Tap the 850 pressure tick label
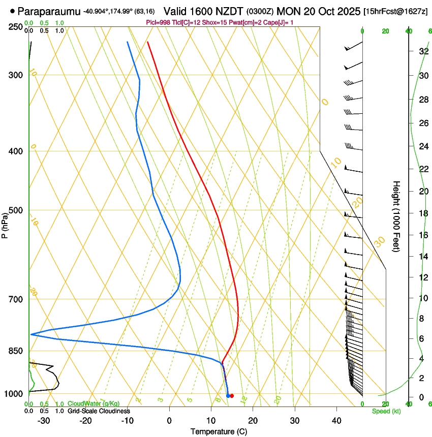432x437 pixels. (x=16, y=351)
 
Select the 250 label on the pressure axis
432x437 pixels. (x=16, y=27)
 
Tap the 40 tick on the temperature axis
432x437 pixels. (x=336, y=420)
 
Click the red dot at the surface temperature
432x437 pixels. (x=232, y=396)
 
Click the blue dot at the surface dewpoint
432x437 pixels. (x=228, y=396)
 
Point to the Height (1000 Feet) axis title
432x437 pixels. (x=397, y=216)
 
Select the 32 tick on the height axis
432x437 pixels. (x=423, y=51)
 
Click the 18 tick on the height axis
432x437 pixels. (x=423, y=213)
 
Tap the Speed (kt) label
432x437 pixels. (x=386, y=411)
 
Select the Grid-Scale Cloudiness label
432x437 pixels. (x=99, y=411)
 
